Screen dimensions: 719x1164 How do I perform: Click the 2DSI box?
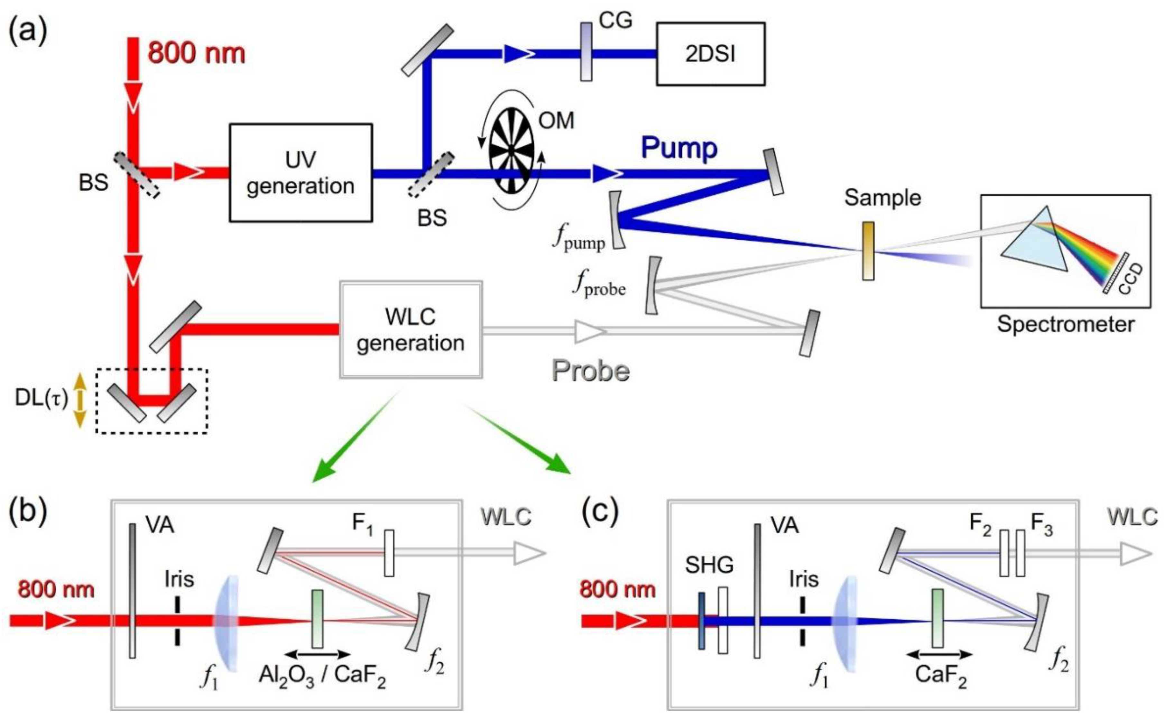[x=710, y=54]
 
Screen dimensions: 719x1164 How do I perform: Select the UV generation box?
[x=300, y=173]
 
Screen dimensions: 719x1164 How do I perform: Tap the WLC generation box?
[x=411, y=329]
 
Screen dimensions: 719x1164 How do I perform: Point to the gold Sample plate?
[x=868, y=251]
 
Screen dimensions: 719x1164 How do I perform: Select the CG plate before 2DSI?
[x=586, y=52]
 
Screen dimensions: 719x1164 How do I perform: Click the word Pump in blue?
[x=679, y=148]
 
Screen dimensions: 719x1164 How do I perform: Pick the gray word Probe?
[x=590, y=370]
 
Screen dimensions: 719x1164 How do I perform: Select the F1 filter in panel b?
[x=389, y=553]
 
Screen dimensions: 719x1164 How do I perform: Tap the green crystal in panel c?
[x=937, y=618]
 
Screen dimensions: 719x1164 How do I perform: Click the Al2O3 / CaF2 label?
[x=322, y=676]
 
